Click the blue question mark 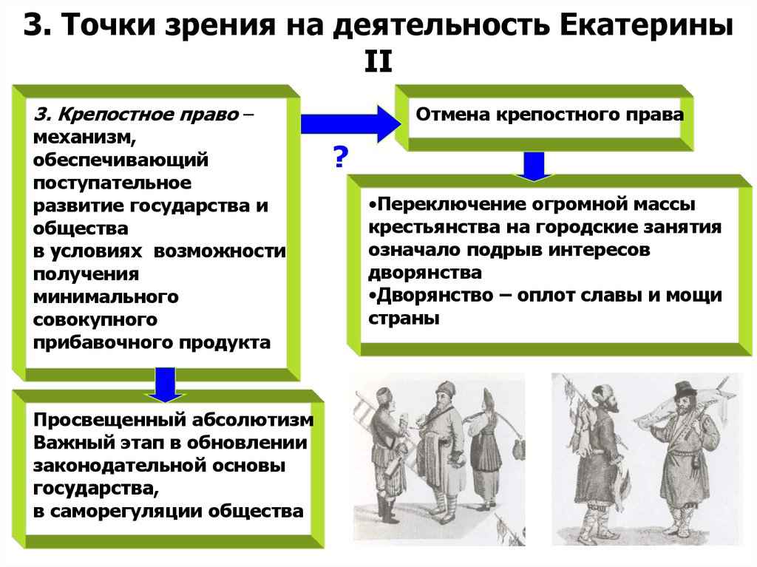pos(340,157)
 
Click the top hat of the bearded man pos(686,388)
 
